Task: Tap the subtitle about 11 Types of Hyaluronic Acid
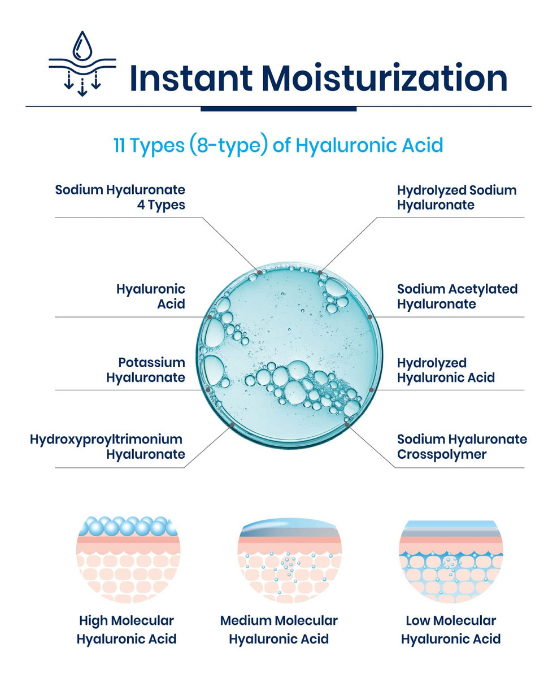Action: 278,145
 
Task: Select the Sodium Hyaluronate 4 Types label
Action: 120,197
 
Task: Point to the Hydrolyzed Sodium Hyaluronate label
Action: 456,197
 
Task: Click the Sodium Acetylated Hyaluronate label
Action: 457,297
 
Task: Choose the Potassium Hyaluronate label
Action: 146,370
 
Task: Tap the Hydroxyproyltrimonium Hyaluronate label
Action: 107,446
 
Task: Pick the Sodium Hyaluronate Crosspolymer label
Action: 462,446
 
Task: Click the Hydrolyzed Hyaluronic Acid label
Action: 446,370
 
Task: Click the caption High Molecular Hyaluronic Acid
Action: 127,629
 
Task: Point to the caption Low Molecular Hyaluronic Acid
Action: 451,629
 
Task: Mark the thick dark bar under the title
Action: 278,108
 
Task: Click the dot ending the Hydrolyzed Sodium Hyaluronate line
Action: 320,272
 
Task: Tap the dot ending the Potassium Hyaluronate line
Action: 208,390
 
